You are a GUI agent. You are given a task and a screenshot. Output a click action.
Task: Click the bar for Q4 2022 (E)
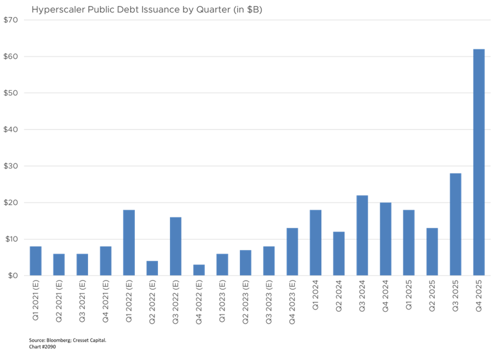(199, 270)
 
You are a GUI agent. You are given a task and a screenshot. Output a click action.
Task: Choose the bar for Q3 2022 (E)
(176, 246)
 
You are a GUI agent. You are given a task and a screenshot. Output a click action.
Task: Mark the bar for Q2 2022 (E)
(152, 268)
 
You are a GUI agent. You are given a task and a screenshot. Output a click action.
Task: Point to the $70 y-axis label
(11, 20)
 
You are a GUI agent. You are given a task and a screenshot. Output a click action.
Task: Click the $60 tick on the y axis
(11, 57)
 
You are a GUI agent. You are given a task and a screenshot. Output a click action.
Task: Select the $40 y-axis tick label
(11, 130)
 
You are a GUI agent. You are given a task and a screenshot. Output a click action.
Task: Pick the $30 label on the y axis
(11, 166)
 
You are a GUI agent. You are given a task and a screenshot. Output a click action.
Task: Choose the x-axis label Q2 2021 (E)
(59, 300)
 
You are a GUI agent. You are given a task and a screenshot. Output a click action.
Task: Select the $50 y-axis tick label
(11, 93)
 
